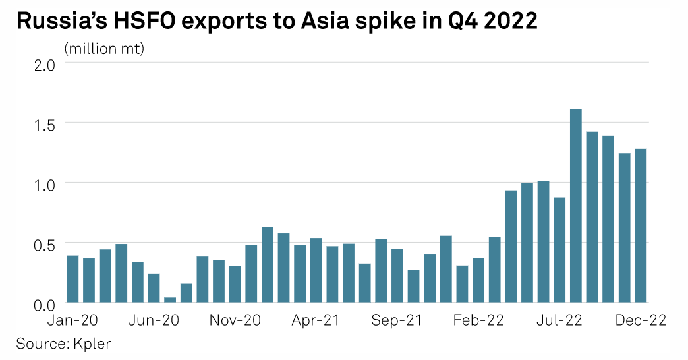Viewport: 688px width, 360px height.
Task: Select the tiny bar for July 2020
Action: (x=170, y=300)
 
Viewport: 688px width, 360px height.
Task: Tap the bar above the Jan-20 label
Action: (x=72, y=279)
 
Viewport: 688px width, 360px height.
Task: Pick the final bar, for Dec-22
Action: (x=641, y=225)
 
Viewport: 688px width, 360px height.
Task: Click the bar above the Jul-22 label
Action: (x=559, y=250)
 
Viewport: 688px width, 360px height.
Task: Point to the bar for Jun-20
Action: (x=154, y=288)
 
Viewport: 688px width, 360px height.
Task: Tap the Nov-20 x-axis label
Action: (x=235, y=320)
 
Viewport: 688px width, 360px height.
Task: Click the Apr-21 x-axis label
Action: (x=316, y=320)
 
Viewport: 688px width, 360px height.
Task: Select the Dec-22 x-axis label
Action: (x=640, y=320)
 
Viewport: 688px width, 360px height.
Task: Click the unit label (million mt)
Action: (x=104, y=48)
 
